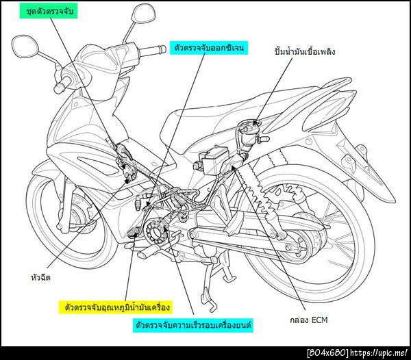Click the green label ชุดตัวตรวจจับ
[49, 12]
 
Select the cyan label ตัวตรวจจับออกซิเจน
[209, 48]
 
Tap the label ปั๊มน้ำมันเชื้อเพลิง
[305, 51]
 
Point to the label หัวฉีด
[40, 277]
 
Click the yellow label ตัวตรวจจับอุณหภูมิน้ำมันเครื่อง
[116, 307]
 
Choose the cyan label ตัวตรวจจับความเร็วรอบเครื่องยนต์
[193, 325]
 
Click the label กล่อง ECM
[309, 320]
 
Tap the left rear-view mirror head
[25, 46]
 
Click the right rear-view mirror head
[143, 14]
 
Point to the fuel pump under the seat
[250, 133]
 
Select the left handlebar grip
[62, 85]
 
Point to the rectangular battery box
[213, 160]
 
